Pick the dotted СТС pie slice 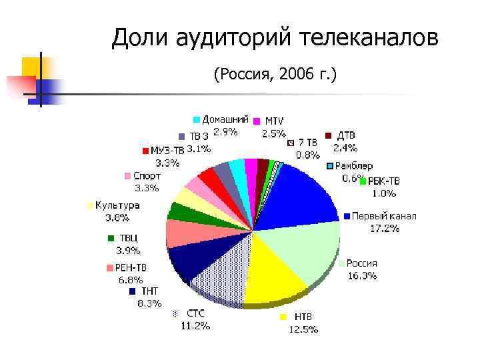[x=220, y=273]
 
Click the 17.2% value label [x=385, y=229]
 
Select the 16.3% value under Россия [x=362, y=275]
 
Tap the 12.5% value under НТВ [x=303, y=329]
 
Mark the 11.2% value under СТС [x=195, y=326]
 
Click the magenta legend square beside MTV [x=256, y=121]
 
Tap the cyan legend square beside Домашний [x=197, y=119]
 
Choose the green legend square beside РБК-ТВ [x=363, y=181]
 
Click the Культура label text [x=117, y=205]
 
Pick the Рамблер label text [x=354, y=166]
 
